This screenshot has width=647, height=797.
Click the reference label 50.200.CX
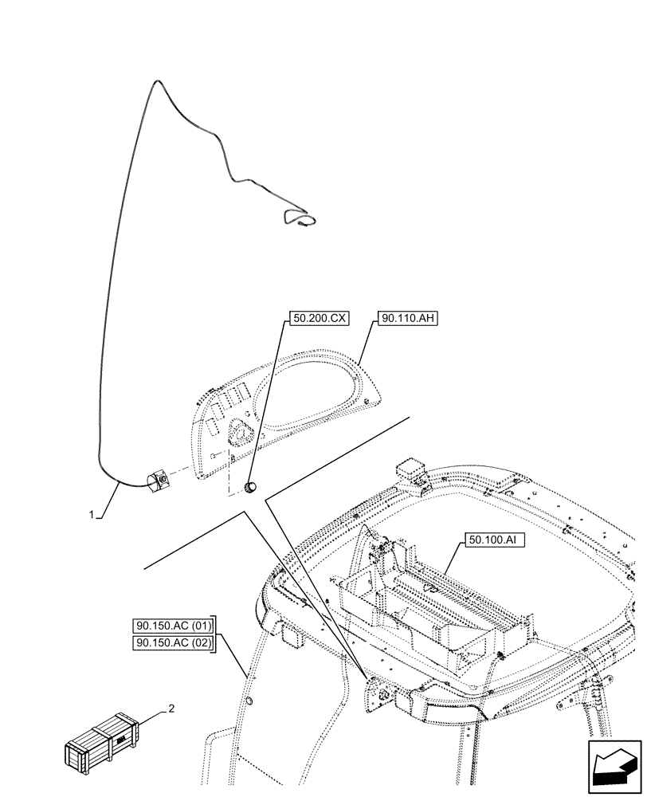[320, 318]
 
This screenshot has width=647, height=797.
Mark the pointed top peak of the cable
[157, 81]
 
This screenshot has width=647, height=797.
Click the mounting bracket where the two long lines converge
[377, 693]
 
